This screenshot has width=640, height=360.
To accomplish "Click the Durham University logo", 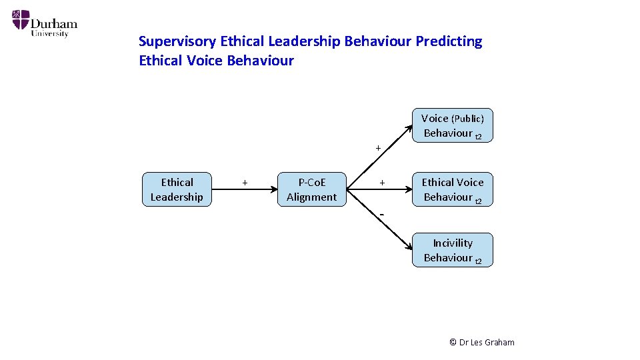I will coord(44,23).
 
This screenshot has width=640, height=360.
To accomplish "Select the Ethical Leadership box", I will coord(177,189).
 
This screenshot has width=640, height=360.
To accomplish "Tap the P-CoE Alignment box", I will coord(311,189).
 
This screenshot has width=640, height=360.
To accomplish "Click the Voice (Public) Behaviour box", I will coord(452,125).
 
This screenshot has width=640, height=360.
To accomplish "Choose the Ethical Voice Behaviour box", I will coord(452,189).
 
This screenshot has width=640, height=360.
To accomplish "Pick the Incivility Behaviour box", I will coord(452,250).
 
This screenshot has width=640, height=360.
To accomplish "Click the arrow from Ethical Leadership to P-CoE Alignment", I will coord(244,190).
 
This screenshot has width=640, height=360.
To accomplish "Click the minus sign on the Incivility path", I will coord(382,214).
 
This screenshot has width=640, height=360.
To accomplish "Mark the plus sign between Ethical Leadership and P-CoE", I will coord(245,182).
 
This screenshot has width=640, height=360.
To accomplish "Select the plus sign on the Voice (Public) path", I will coord(378,147).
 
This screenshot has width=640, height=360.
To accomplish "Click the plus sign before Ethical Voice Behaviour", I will coord(382,182).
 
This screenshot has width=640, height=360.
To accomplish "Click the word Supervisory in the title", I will coord(177,41).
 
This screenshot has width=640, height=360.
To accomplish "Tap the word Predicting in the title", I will coord(449,41).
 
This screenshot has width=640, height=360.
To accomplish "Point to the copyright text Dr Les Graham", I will coord(482,342).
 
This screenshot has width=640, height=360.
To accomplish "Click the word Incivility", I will coord(453,243).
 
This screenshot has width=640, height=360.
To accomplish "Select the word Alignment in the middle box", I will coord(311,197).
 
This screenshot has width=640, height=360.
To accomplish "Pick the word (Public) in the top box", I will coord(467,118).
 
